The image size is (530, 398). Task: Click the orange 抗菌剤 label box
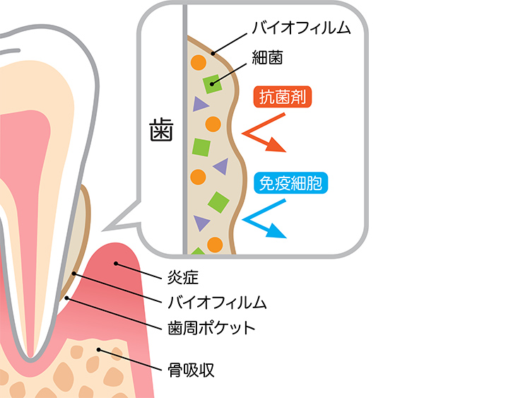pos(283,98)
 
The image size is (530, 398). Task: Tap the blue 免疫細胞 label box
pos(290,183)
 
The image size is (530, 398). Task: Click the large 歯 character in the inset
pos(161,130)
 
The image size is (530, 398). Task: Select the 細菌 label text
pos(267,57)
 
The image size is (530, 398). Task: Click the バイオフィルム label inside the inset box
pos(302,28)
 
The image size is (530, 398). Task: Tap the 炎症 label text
pos(183,278)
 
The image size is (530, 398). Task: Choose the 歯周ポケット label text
pos(211,328)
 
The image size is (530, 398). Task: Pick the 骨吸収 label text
pos(191,370)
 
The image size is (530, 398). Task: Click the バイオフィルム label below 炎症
pos(217,303)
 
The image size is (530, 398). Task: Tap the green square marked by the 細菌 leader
pos(212,84)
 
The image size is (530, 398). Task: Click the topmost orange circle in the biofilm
pos(199,62)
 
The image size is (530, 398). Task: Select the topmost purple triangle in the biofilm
pos(200,104)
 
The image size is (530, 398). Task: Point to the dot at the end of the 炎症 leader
pos(116,264)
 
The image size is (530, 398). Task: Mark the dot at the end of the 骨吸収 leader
pos(99,349)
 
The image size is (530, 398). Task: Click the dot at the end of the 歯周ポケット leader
pos(67,298)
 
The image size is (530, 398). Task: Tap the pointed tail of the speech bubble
pos(103,230)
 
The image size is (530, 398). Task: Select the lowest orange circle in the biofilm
pos(215,245)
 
